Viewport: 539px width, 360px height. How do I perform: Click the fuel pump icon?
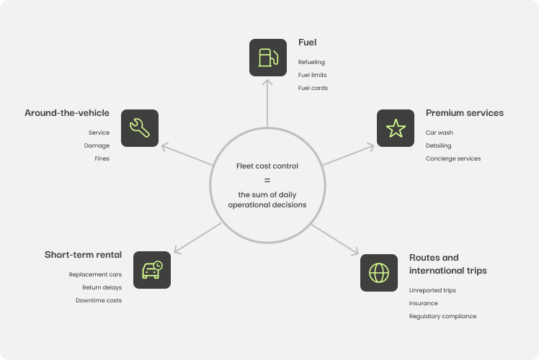(267, 57)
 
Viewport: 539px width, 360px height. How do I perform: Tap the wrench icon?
(139, 127)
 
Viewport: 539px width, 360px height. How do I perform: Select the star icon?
(395, 128)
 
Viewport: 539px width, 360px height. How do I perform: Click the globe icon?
(378, 272)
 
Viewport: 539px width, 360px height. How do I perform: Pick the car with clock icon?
(152, 270)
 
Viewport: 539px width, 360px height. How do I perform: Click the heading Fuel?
(308, 42)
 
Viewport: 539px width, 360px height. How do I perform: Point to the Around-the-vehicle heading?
(67, 113)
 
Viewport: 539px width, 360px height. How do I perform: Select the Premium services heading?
(464, 113)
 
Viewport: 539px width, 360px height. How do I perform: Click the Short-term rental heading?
(83, 254)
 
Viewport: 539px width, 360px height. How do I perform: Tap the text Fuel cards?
(313, 88)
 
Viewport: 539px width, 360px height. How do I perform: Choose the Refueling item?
(311, 62)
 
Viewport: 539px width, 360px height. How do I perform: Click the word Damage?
(97, 145)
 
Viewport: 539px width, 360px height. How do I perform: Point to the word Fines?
(102, 158)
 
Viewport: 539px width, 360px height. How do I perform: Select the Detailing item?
(438, 145)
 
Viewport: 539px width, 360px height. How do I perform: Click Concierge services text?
(453, 158)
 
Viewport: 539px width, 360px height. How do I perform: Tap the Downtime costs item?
(99, 300)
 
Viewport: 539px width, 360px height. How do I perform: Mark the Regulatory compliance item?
(442, 316)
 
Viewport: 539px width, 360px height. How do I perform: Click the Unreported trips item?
(432, 290)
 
